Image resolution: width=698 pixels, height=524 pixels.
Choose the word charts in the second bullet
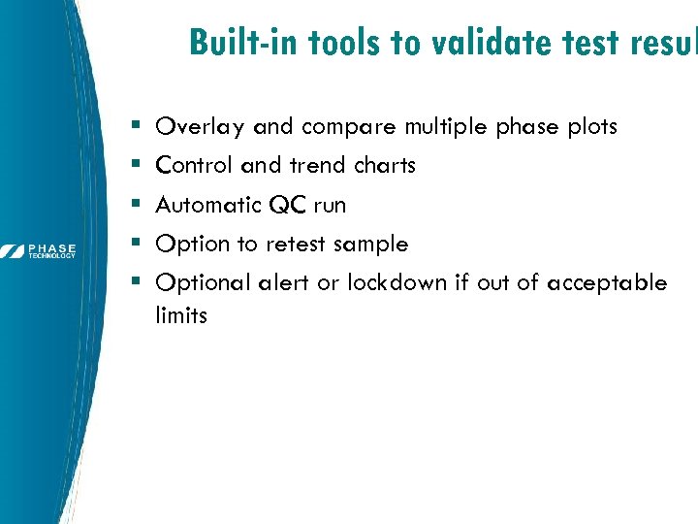coord(384,166)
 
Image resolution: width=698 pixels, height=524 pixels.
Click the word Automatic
coord(209,205)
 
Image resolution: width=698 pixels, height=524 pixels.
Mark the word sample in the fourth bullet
coord(370,245)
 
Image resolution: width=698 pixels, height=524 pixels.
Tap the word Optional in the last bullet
coord(204,283)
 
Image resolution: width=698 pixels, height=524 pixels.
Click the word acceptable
coord(607,283)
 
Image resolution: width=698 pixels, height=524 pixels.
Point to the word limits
coord(181,315)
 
